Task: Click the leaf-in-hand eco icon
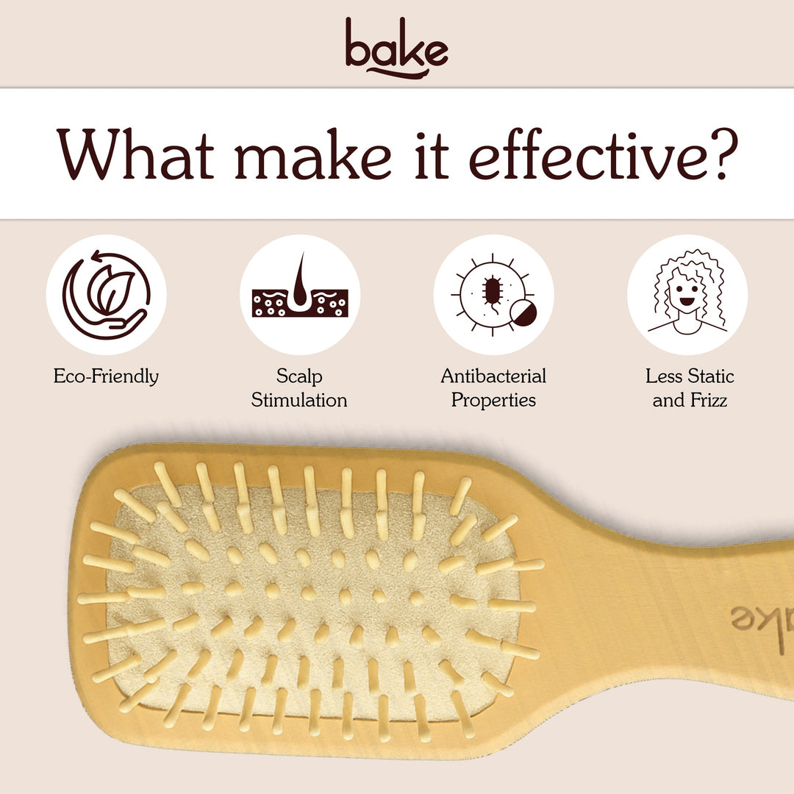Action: tap(106, 295)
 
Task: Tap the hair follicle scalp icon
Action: tap(299, 295)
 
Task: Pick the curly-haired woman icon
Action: tap(687, 295)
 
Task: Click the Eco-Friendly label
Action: tap(106, 376)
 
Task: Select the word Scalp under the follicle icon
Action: tap(299, 376)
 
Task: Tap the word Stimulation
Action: tap(299, 401)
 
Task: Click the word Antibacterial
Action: tap(493, 376)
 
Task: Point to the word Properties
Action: tap(493, 401)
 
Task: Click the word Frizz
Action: tap(707, 401)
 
